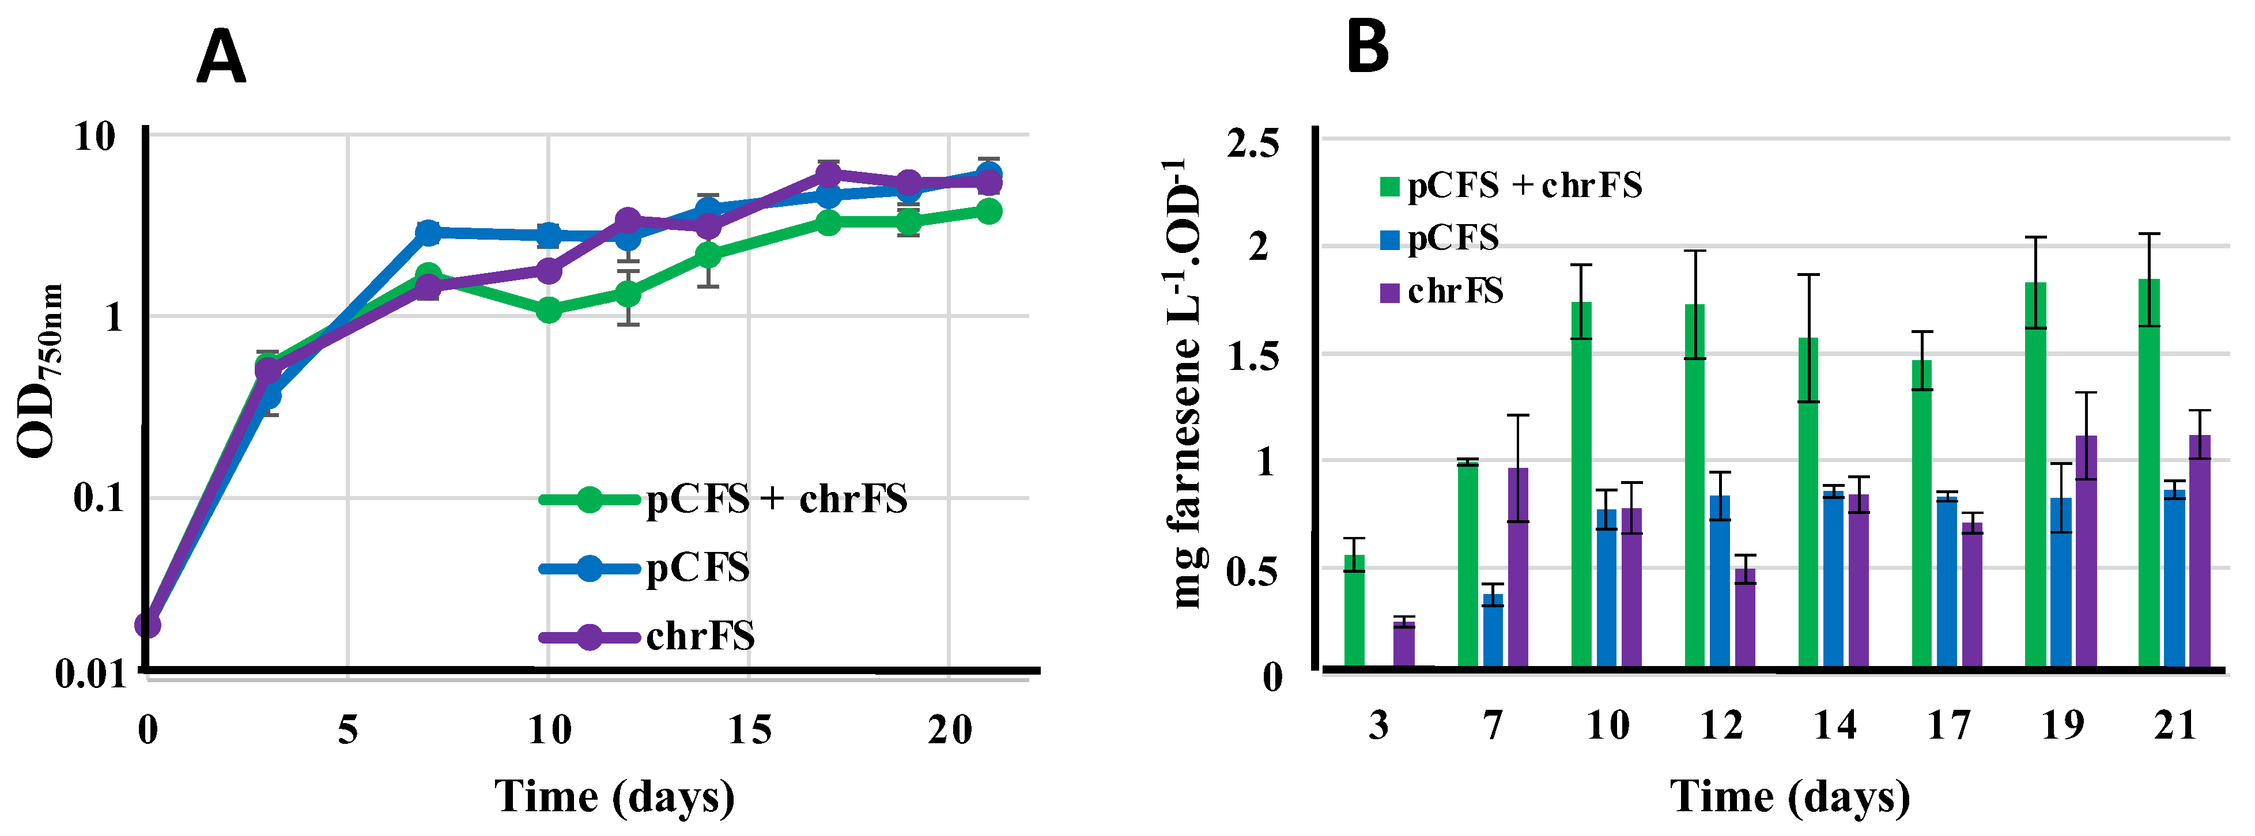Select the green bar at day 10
click(x=1581, y=486)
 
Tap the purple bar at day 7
click(x=1518, y=569)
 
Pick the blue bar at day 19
click(x=2061, y=584)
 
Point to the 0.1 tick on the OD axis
click(x=95, y=499)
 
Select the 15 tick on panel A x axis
click(x=749, y=729)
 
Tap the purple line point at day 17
click(x=828, y=174)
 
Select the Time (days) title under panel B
click(x=1789, y=797)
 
